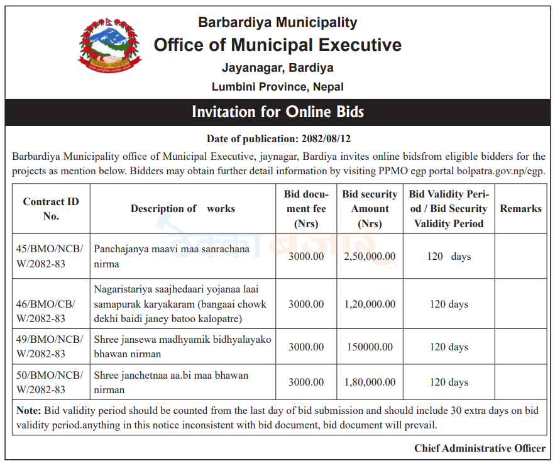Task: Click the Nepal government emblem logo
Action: point(111,47)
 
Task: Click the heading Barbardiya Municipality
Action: point(277,23)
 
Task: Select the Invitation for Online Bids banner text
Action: point(277,112)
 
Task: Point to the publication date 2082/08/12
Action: point(327,138)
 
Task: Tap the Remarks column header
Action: point(520,209)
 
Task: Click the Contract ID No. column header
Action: point(51,209)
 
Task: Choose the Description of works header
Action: point(182,209)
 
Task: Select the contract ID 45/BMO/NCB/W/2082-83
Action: point(50,257)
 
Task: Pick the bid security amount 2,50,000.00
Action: point(370,257)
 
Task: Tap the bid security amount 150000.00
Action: point(370,347)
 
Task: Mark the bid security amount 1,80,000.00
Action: point(370,382)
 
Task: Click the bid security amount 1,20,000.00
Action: point(370,304)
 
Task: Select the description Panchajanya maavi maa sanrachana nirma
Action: point(172,257)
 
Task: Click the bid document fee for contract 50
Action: point(306,382)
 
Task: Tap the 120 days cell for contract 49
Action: point(449,347)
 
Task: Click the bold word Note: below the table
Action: point(29,411)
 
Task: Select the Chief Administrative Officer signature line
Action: point(480,449)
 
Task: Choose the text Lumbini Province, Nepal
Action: point(277,87)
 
